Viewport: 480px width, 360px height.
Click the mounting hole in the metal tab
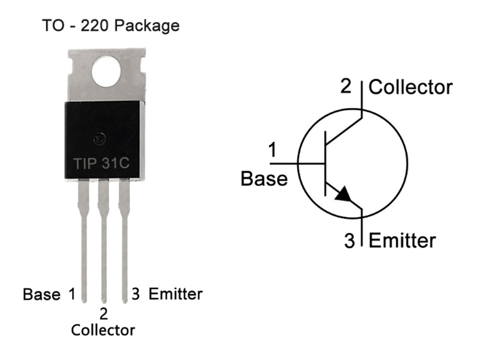click(x=106, y=72)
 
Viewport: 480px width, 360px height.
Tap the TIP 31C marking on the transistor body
click(x=101, y=163)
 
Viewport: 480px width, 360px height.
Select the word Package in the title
click(x=146, y=26)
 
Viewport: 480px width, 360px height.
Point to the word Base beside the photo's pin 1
click(x=42, y=294)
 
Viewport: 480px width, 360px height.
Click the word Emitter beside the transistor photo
click(x=175, y=294)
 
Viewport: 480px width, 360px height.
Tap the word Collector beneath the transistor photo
click(x=103, y=330)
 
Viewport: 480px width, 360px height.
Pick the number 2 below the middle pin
click(x=104, y=314)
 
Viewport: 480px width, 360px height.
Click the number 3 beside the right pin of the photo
click(x=136, y=294)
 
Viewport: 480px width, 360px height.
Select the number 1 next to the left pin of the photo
click(x=72, y=294)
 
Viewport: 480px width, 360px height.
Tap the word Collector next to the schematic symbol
click(x=410, y=87)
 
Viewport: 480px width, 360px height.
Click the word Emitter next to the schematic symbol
click(x=402, y=240)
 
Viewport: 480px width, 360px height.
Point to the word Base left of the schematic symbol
click(x=264, y=179)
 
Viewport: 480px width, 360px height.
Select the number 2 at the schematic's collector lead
click(x=346, y=86)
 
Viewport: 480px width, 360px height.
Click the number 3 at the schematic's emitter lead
click(x=349, y=240)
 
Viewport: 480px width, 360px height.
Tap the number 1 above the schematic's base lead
click(x=272, y=150)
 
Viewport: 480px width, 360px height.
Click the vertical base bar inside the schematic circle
click(x=325, y=164)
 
